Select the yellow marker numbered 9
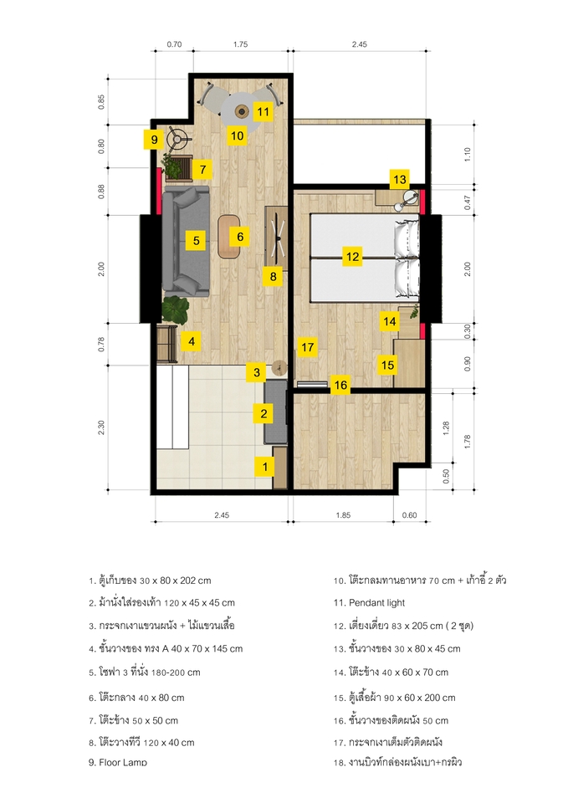[x=155, y=139]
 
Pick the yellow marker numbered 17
[x=307, y=346]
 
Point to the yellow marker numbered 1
[x=265, y=466]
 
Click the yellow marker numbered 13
[x=399, y=178]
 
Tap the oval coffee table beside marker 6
[x=228, y=236]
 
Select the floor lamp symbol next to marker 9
[x=178, y=138]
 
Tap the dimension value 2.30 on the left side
[x=101, y=427]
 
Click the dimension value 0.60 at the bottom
[x=408, y=516]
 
